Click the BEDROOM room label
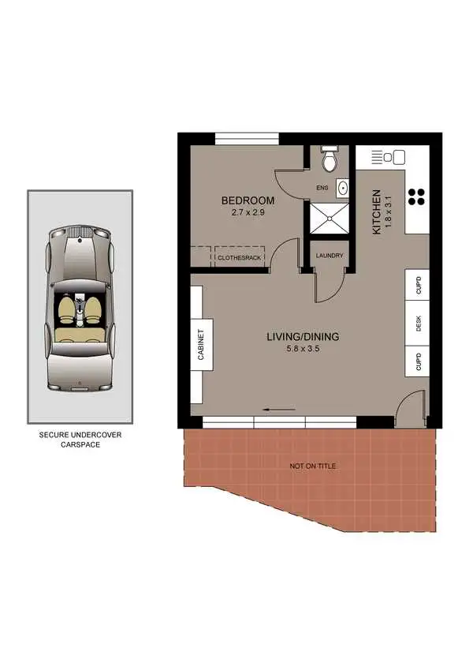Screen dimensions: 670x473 [248, 200]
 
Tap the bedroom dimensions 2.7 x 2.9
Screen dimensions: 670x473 [248, 212]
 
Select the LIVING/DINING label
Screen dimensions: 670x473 [303, 337]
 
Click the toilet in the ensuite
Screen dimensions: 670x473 [331, 160]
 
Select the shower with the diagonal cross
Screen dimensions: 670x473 [330, 219]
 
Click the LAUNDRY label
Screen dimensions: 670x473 [329, 256]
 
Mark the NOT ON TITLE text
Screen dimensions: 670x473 [313, 466]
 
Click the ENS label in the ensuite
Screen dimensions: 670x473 [322, 189]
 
